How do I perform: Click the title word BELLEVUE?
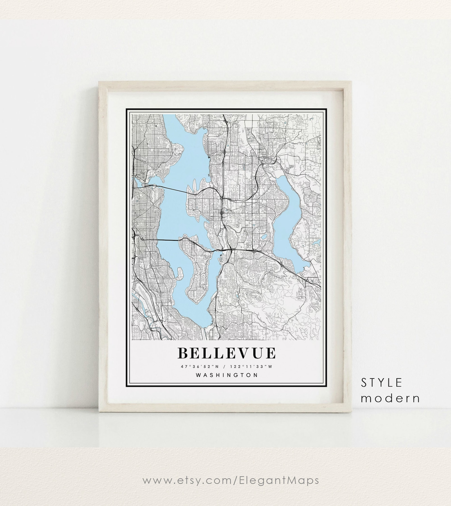[x=226, y=353]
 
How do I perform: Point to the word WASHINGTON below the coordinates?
[x=227, y=375]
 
